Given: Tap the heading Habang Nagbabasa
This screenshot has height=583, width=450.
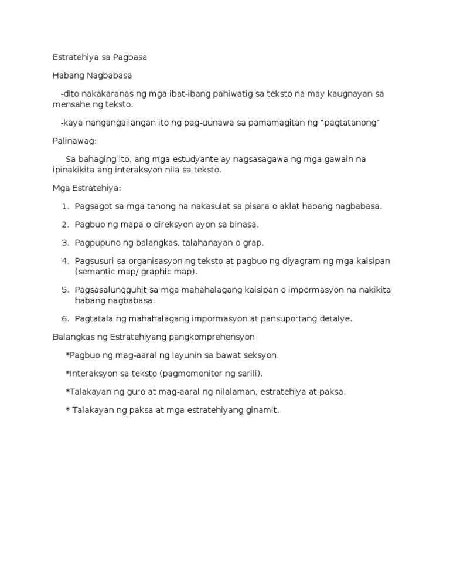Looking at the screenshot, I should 92,76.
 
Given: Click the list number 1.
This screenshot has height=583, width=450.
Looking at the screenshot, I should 65,206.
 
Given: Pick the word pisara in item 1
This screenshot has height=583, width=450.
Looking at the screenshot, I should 271,206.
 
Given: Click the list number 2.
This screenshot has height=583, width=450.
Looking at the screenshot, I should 65,224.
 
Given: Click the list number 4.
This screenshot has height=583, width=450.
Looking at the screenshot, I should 65,260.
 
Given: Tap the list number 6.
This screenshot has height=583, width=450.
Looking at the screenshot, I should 65,318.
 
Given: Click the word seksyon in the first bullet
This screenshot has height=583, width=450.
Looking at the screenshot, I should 262,355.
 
